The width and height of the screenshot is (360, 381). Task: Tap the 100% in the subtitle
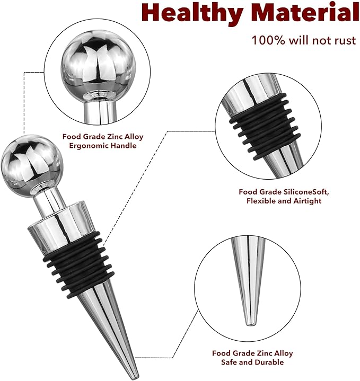coord(268,40)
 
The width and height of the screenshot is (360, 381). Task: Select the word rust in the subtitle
coord(345,41)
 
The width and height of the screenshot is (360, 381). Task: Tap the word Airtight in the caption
coord(308,201)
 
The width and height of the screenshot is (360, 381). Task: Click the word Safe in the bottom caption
coord(229,362)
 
